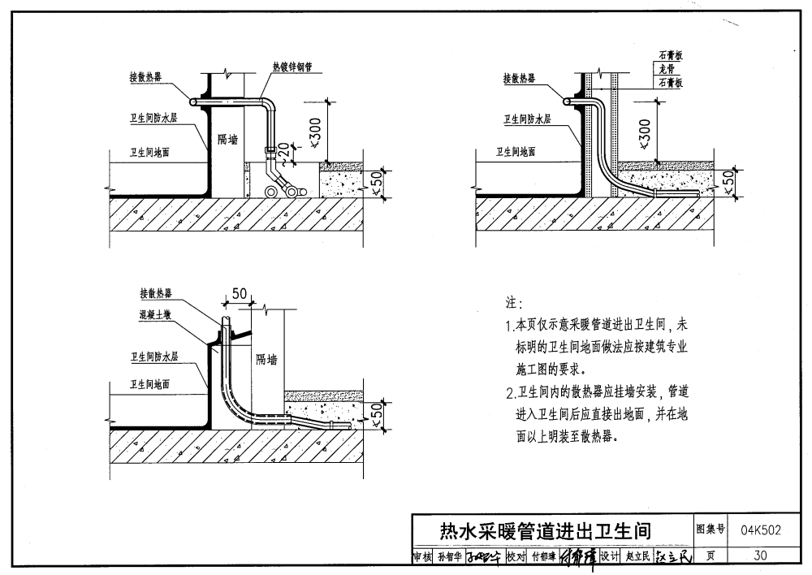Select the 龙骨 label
click(x=670, y=69)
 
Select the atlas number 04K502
click(x=760, y=530)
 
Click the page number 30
click(x=760, y=556)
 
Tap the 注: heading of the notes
click(x=513, y=303)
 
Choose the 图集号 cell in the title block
click(x=712, y=530)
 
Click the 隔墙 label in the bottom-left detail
click(x=266, y=359)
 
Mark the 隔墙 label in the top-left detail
click(x=228, y=139)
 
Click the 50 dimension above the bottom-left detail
click(x=240, y=292)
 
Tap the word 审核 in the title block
click(x=421, y=557)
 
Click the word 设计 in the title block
click(x=610, y=557)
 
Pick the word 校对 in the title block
click(x=516, y=557)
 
